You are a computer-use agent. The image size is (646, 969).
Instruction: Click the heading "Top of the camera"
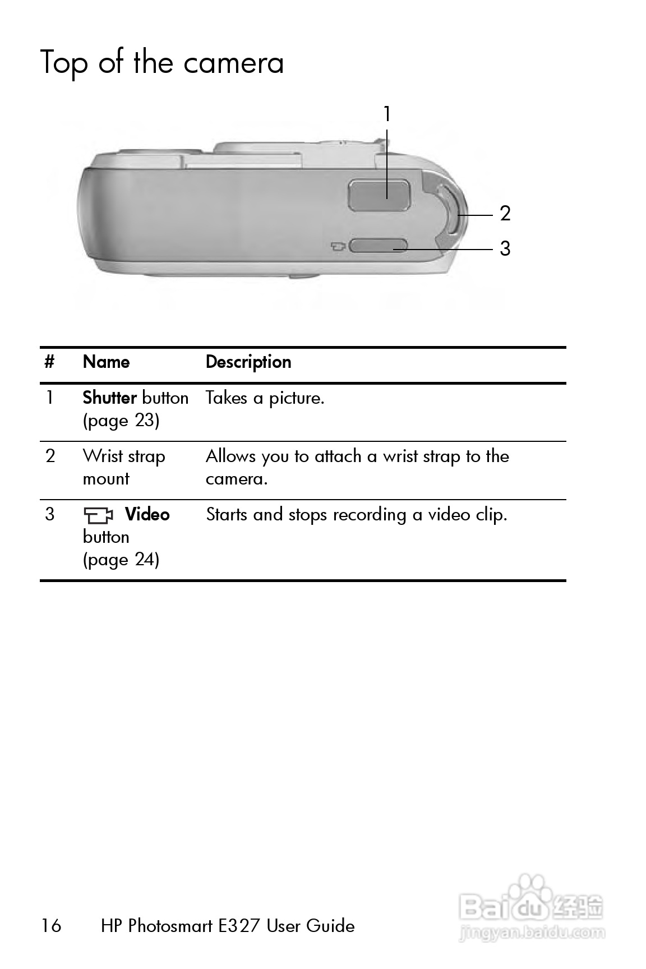[x=162, y=62]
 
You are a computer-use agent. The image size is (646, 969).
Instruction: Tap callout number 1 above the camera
[x=386, y=114]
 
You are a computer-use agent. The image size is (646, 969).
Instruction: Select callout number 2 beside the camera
[x=505, y=214]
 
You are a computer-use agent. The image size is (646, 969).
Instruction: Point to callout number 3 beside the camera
[x=505, y=248]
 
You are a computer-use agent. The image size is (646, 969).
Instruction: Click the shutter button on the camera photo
[x=379, y=195]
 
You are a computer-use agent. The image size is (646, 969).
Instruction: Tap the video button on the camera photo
[x=377, y=245]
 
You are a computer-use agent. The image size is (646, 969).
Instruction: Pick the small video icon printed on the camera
[x=337, y=246]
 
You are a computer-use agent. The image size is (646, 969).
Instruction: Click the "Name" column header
[x=106, y=362]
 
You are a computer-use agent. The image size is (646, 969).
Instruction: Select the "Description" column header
[x=248, y=362]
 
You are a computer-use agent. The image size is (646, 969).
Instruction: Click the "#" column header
[x=49, y=362]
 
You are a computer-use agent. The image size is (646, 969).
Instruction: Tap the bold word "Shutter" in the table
[x=110, y=398]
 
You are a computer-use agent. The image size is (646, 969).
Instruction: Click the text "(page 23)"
[x=121, y=421]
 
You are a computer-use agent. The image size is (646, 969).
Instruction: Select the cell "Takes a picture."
[x=265, y=398]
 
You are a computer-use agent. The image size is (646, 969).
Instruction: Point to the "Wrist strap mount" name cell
[x=123, y=467]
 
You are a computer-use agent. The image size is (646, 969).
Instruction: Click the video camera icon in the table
[x=98, y=514]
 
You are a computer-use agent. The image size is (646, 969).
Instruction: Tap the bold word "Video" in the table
[x=147, y=514]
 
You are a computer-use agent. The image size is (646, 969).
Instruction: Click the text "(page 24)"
[x=121, y=560]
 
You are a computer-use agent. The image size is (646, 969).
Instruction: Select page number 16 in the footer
[x=51, y=925]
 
